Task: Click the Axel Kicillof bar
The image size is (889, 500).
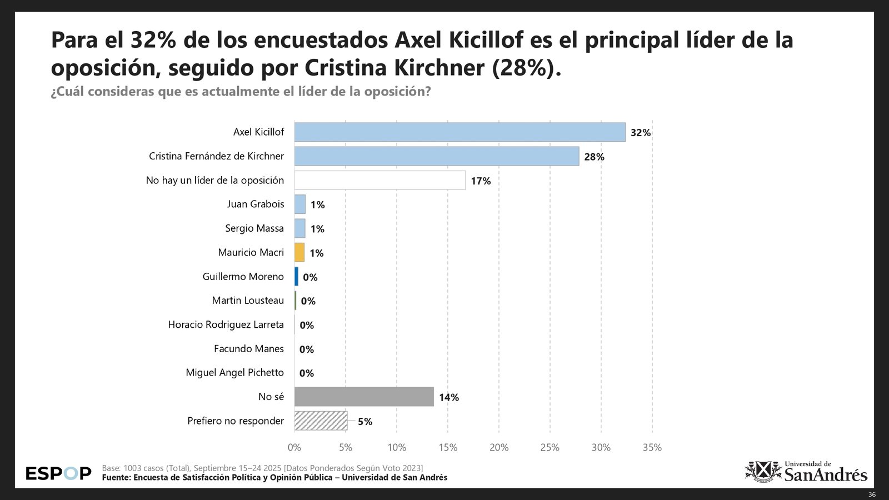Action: coord(460,132)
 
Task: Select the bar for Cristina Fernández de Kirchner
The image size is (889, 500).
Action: coord(436,156)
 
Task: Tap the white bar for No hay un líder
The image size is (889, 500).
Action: coord(379,180)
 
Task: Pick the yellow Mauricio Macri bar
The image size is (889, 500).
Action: coord(299,252)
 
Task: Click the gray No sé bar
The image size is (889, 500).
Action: coord(364,397)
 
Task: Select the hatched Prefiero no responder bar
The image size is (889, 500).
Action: coord(321,421)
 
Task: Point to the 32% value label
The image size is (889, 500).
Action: coord(640,133)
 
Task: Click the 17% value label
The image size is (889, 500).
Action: coord(481,181)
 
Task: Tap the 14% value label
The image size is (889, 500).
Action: coord(448,397)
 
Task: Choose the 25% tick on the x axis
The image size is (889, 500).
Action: coord(550,448)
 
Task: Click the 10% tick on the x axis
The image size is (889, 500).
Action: coord(397,448)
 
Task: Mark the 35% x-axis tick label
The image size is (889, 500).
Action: coord(652,448)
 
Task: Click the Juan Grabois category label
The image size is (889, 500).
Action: coord(255,204)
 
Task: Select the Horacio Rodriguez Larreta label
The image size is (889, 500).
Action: coord(226,324)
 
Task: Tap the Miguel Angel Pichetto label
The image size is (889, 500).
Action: coord(234,372)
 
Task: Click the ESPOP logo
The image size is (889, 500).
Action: coord(58,473)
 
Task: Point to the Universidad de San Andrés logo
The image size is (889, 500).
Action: coord(806,472)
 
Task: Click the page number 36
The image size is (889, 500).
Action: coord(872,494)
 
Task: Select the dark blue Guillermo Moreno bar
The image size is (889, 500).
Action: coord(296,277)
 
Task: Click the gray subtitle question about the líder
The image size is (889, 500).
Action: coord(241,92)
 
